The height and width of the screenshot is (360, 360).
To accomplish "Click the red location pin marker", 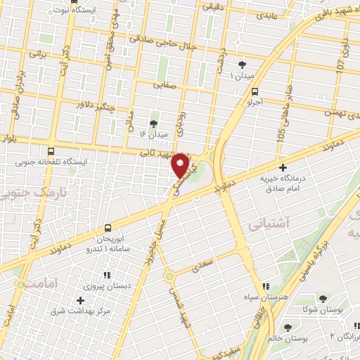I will point(181,166).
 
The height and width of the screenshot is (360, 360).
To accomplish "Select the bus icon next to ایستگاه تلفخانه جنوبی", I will point(51,151).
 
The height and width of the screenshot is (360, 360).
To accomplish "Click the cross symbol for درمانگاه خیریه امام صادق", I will point(283,167).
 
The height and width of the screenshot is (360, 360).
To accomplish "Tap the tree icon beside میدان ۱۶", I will point(154,124).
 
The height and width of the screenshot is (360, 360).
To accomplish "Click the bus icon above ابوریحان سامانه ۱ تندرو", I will point(108,228).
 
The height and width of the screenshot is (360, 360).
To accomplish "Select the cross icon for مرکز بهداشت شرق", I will point(80,300).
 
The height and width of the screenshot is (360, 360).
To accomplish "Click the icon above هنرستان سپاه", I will point(265,286).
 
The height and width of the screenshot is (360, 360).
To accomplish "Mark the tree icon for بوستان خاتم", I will point(287,327).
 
